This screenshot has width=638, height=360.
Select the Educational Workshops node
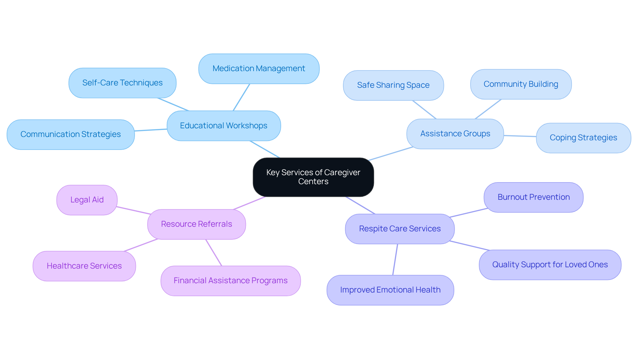[x=224, y=126]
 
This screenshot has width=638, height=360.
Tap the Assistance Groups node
[x=455, y=134]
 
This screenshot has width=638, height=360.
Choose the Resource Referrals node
[x=196, y=224]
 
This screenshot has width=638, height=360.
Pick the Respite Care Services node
[x=399, y=229]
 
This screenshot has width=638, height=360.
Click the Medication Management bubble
[x=259, y=68]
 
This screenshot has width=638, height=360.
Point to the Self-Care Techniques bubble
[x=122, y=83]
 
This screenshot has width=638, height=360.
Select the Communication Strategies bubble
[x=70, y=134]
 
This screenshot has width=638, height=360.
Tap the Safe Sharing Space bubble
[x=393, y=85]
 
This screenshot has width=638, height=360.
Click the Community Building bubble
[x=521, y=84]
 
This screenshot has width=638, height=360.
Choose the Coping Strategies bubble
[x=583, y=138]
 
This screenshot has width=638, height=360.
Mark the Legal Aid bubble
[x=87, y=200]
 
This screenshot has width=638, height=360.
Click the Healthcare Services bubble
[x=84, y=266]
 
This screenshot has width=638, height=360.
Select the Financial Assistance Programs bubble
[x=230, y=281]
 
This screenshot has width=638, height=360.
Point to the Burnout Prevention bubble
[x=533, y=197]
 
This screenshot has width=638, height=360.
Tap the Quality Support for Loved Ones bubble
[x=550, y=265]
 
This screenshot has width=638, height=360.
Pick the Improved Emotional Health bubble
[x=390, y=290]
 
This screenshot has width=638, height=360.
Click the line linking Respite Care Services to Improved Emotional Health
[x=395, y=260]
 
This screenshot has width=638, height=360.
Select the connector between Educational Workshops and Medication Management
[x=241, y=97]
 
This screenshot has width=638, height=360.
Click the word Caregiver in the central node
[x=342, y=173]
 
